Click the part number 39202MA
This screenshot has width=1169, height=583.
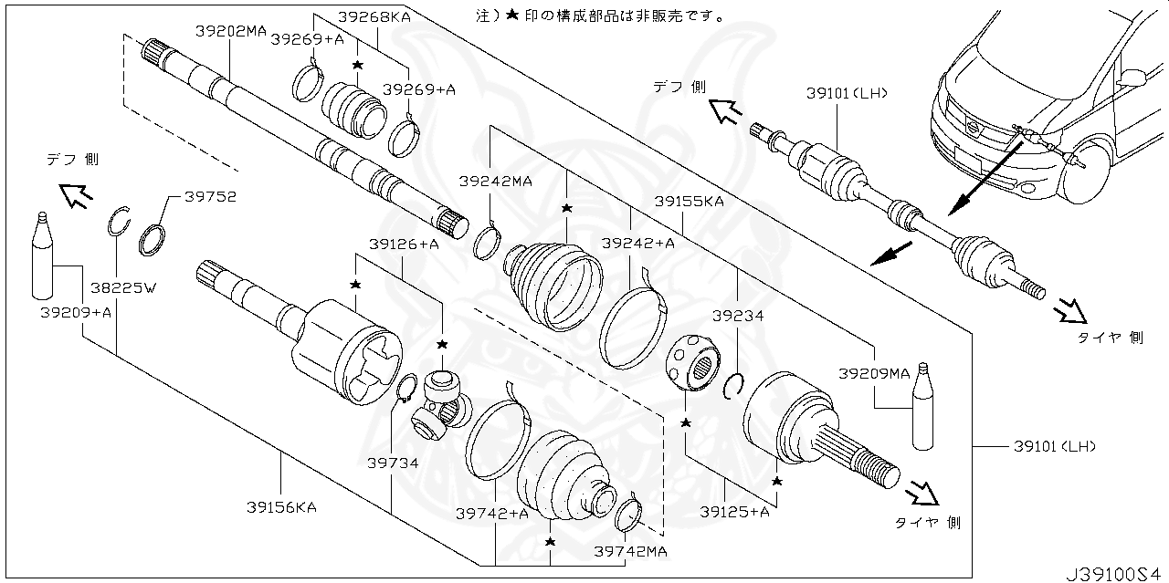point(230,30)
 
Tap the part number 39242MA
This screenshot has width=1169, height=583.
point(495,181)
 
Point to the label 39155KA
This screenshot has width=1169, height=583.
point(689,201)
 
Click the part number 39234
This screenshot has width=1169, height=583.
point(738,316)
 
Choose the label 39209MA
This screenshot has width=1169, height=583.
point(874,373)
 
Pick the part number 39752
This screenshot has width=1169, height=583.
point(210,195)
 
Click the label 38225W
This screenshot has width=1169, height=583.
point(123,288)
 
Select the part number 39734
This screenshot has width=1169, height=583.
point(393,463)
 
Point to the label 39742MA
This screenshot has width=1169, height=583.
point(630,551)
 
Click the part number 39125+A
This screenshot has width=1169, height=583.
point(734,512)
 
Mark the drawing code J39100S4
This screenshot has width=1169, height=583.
point(1112,573)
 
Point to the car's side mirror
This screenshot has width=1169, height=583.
point(1132,78)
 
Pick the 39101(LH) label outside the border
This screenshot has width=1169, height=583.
point(1054,446)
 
